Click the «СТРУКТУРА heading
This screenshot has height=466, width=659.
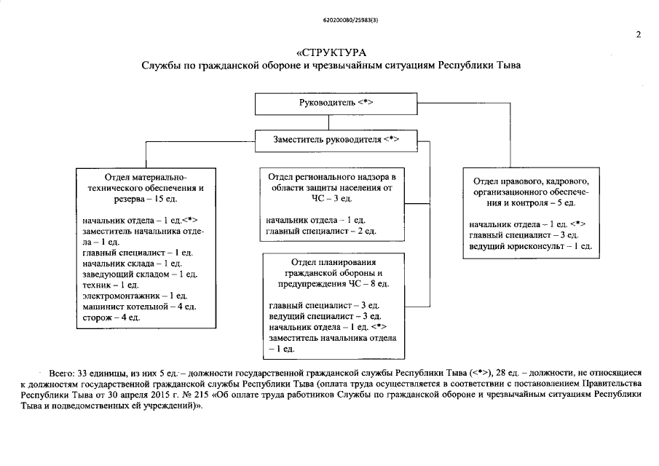coord(331,52)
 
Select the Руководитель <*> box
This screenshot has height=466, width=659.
coord(336,104)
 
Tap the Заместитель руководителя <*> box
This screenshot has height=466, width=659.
coord(336,139)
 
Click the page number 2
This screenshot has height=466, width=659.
coord(638,34)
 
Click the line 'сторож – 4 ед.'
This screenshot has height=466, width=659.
coord(111,317)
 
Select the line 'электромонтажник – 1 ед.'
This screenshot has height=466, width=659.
coord(134,296)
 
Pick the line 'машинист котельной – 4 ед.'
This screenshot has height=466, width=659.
coord(138,307)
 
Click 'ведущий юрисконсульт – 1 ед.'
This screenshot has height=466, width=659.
coord(530,246)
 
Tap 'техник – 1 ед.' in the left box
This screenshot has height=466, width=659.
coord(112,285)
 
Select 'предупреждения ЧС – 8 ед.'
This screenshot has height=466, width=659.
coord(331,283)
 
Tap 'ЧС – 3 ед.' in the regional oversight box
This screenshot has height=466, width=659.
coord(331,198)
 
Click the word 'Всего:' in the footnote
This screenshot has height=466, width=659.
coord(60,372)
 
